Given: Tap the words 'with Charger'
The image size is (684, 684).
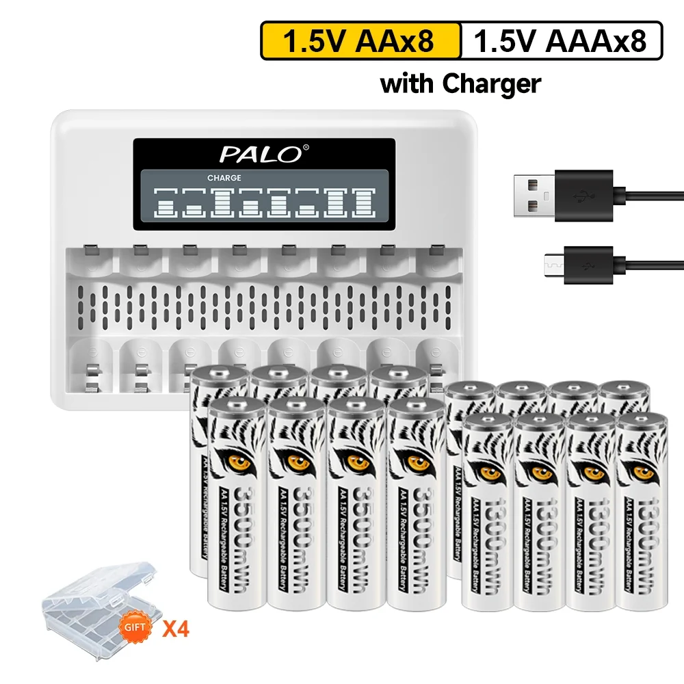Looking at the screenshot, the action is (x=460, y=83).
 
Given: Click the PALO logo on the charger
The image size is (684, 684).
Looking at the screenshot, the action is (x=260, y=154).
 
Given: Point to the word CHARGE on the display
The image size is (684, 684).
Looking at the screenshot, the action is (x=224, y=178).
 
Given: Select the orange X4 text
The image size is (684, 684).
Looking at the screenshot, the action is (x=175, y=627).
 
